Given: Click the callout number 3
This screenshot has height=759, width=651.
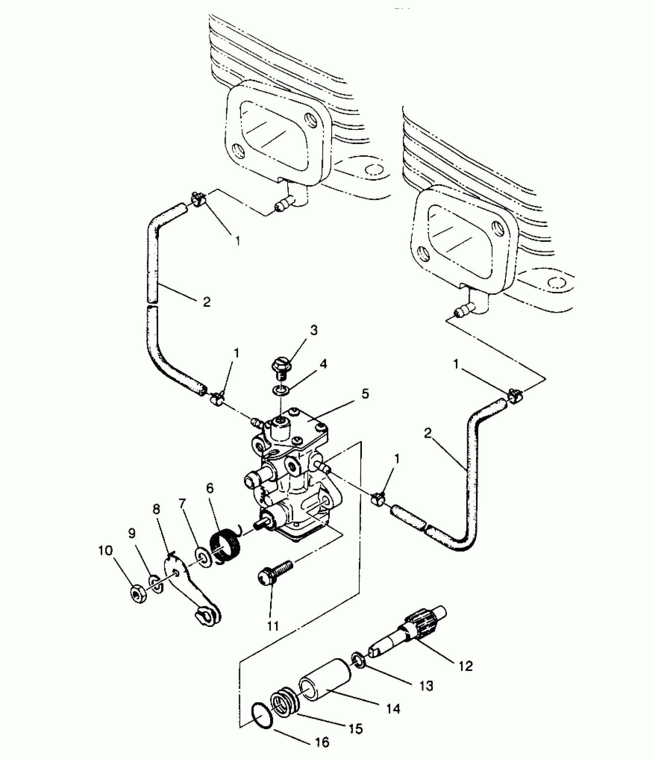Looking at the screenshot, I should (314, 330).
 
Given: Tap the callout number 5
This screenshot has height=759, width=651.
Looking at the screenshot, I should (365, 393).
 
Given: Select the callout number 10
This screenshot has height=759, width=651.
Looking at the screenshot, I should (106, 551).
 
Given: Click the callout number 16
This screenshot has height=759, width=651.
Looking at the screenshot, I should (322, 742).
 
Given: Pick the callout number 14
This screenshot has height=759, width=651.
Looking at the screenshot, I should (393, 708).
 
